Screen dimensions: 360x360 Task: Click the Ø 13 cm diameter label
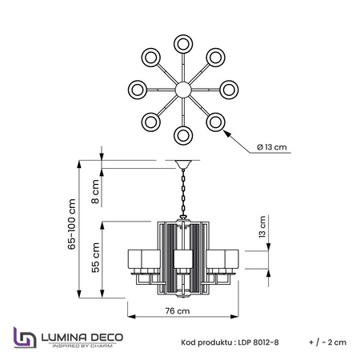click(272, 147)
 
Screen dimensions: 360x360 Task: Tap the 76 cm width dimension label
click(178, 311)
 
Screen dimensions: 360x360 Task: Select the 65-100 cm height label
click(72, 224)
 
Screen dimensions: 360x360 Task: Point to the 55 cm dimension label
click(95, 258)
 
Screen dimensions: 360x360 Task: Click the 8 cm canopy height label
click(95, 191)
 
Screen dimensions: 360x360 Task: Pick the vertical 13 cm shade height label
click(262, 227)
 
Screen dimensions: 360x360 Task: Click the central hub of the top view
click(183, 90)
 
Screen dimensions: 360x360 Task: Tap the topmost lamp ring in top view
click(183, 44)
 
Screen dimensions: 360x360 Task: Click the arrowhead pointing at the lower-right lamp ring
click(226, 133)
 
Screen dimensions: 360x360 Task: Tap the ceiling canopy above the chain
click(183, 164)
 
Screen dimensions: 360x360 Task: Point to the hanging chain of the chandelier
click(183, 193)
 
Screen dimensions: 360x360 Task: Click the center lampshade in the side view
click(183, 258)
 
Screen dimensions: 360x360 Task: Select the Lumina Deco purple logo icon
click(25, 338)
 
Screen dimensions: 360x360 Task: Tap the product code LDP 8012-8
click(258, 342)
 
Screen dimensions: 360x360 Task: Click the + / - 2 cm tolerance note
click(328, 342)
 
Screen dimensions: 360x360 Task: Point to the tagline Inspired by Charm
click(82, 346)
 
